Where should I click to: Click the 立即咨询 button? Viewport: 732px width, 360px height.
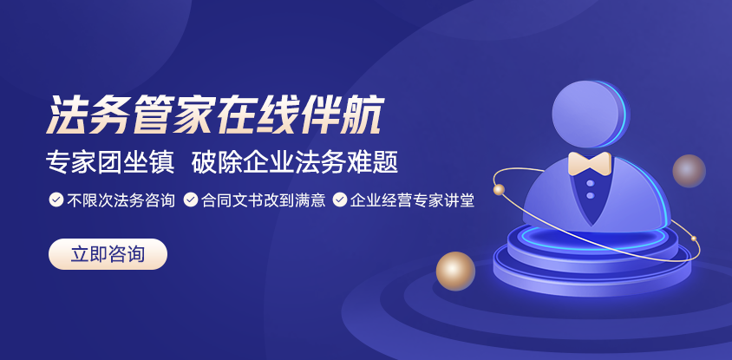click(108, 254)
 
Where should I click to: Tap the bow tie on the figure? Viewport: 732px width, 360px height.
click(590, 163)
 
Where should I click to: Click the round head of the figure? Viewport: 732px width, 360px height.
click(590, 114)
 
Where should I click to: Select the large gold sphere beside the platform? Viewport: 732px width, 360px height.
click(455, 272)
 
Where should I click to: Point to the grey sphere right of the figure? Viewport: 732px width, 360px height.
click(689, 171)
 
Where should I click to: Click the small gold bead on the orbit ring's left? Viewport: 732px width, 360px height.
click(499, 190)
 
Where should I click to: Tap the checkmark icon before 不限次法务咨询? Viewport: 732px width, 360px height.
click(56, 200)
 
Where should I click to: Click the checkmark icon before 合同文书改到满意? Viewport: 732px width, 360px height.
click(191, 200)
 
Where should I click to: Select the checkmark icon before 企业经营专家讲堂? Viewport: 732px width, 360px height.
click(340, 200)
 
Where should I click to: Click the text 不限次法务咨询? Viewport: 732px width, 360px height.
click(121, 200)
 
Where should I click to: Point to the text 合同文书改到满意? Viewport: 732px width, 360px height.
click(264, 200)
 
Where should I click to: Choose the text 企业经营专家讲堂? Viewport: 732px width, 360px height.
click(412, 200)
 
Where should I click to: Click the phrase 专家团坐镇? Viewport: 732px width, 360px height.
click(110, 163)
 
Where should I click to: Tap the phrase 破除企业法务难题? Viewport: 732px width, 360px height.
click(295, 163)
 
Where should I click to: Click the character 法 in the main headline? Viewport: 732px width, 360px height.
click(67, 115)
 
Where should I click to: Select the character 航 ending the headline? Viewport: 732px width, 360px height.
click(363, 115)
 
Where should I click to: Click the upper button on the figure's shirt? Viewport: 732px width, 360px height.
click(590, 184)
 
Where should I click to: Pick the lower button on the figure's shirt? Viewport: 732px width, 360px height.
click(590, 195)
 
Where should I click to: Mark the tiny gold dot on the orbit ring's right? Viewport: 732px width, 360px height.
click(694, 239)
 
